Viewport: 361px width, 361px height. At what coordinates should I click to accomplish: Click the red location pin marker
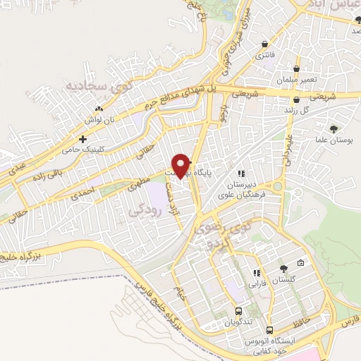click(181, 164)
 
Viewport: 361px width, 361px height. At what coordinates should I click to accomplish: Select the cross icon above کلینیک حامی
click(83, 139)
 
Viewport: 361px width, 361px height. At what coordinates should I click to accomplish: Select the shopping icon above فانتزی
click(264, 42)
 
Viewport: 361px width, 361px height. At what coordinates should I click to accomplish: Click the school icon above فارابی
click(257, 272)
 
